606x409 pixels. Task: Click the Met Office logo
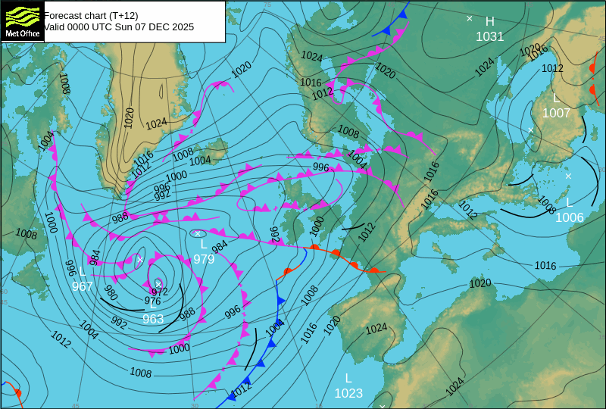point(23,21)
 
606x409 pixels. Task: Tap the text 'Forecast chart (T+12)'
point(91,14)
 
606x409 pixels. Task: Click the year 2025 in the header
point(182,27)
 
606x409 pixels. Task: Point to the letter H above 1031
point(489,21)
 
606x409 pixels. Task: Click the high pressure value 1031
point(489,36)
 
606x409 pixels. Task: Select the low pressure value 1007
point(556,113)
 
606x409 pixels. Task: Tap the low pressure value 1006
point(569,217)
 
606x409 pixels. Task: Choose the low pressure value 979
point(204,259)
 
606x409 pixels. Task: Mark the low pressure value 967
point(82,286)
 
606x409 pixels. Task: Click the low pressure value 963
point(153,319)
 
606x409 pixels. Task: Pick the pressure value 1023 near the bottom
point(348,393)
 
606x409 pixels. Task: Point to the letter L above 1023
point(348,378)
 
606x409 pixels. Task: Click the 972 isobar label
point(159,292)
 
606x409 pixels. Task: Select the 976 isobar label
point(152,301)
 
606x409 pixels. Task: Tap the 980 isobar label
point(111,293)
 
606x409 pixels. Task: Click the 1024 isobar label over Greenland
point(156,123)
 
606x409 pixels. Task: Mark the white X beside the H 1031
point(469,18)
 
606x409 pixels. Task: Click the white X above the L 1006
point(568,176)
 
